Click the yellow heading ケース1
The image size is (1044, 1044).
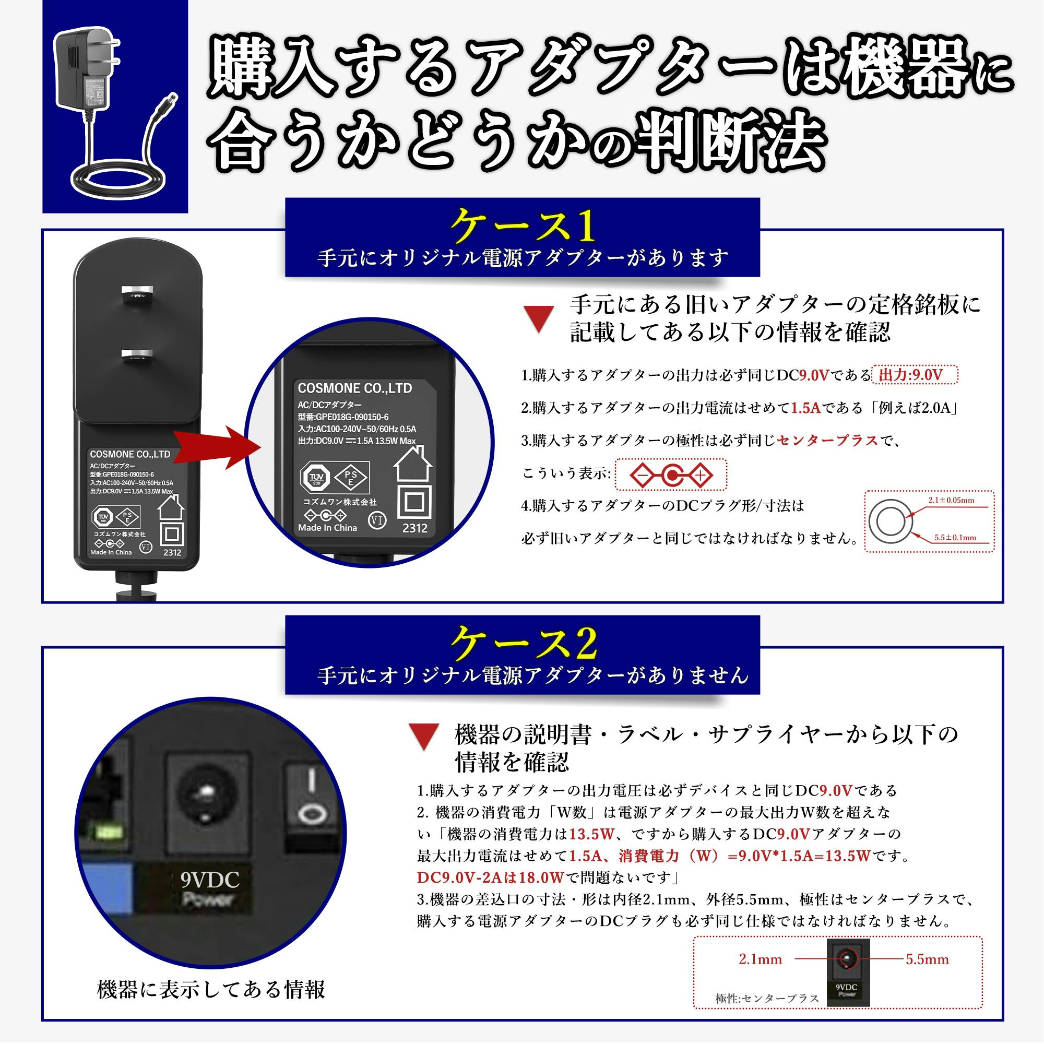coord(523,226)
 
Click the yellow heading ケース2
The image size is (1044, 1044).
coord(523,643)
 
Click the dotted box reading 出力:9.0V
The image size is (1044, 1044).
coord(915,375)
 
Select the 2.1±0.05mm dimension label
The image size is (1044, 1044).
coord(951,501)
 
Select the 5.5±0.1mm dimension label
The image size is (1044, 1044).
coord(955,538)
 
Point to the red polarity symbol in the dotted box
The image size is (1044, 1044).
coord(671,476)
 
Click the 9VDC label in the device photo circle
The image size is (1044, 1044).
coord(210,880)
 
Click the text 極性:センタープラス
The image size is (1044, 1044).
coord(767,999)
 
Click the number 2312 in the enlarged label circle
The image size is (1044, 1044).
coord(414,528)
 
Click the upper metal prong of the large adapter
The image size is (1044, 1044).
coord(137,295)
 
